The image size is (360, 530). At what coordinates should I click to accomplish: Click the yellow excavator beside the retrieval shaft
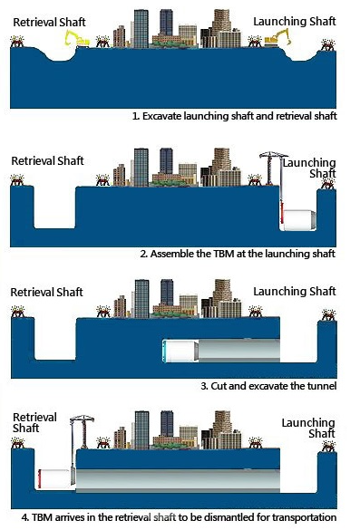pos(77,39)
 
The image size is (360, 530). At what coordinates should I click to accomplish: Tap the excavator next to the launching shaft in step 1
pos(277,37)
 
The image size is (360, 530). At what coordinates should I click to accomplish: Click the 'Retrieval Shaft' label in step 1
pos(49,23)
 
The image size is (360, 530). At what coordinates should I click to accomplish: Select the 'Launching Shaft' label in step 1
pos(295,22)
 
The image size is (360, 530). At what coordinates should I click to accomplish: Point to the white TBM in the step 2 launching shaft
pos(299,220)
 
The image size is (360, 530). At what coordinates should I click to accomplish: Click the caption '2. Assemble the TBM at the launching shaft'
pos(238,254)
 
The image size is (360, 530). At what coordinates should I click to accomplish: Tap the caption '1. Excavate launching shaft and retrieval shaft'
pos(235,116)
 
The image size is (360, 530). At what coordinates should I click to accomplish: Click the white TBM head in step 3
pos(180,352)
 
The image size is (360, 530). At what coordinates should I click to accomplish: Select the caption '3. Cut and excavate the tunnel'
pos(268,386)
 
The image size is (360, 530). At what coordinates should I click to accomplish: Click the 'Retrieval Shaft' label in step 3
pos(46,292)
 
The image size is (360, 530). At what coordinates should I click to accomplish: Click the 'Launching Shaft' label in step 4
pos(308,428)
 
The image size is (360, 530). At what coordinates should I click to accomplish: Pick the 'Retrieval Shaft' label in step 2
pos(47,160)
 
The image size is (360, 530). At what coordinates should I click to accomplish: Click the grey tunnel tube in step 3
pos(238,351)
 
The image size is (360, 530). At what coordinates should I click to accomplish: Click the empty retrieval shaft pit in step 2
pos(54,207)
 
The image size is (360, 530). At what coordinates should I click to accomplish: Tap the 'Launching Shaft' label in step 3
pos(295,292)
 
